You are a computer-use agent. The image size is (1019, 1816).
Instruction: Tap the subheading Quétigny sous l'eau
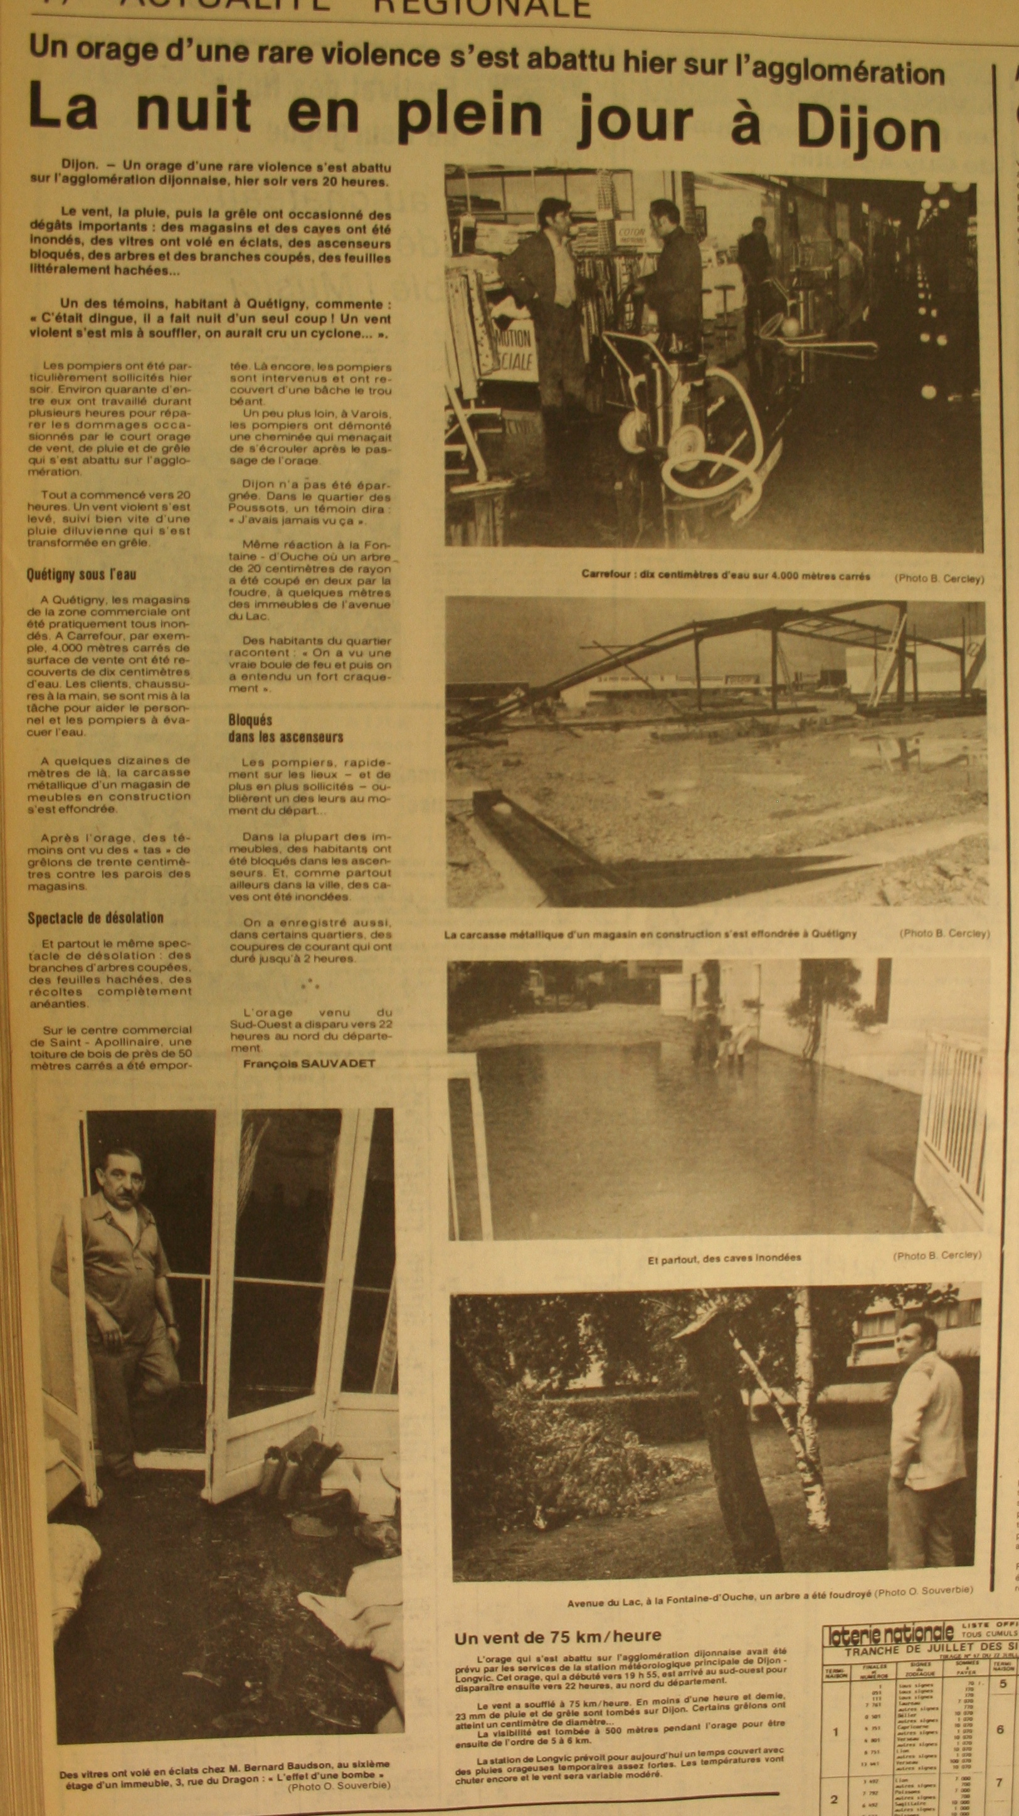[81, 575]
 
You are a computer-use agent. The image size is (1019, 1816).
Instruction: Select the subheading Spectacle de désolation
[95, 918]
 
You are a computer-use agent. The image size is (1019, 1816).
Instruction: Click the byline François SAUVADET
[309, 1063]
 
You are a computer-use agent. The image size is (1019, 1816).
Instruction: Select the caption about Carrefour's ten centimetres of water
[725, 575]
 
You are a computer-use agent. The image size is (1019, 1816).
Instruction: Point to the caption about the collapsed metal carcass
[650, 933]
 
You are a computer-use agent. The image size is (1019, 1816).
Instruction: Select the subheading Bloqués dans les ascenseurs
[285, 728]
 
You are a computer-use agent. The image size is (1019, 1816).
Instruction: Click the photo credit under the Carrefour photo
[939, 578]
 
